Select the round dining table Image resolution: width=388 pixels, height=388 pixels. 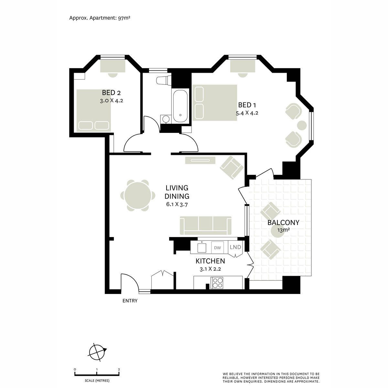pos(136,195)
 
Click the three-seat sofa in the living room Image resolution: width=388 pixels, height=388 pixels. pos(206,225)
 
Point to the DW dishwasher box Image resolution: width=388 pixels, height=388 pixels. pos(217,248)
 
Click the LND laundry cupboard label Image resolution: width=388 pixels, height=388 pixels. pos(235,247)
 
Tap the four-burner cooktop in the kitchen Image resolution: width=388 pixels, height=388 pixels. pos(217,283)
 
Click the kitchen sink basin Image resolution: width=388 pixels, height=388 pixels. pos(202,248)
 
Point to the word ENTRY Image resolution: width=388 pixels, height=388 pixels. pos(130,301)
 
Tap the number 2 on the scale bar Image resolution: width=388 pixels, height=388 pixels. pos(119,369)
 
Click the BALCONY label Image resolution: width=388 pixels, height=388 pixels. pos(283,222)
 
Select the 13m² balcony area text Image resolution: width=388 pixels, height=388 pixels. pos(284,230)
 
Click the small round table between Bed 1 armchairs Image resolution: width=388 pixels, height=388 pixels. pos(302,125)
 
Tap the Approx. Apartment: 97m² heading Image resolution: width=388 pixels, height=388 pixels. pos(100,18)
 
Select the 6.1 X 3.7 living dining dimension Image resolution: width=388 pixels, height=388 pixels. pos(177,204)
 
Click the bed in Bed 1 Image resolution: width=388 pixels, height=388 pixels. pos(215,102)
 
